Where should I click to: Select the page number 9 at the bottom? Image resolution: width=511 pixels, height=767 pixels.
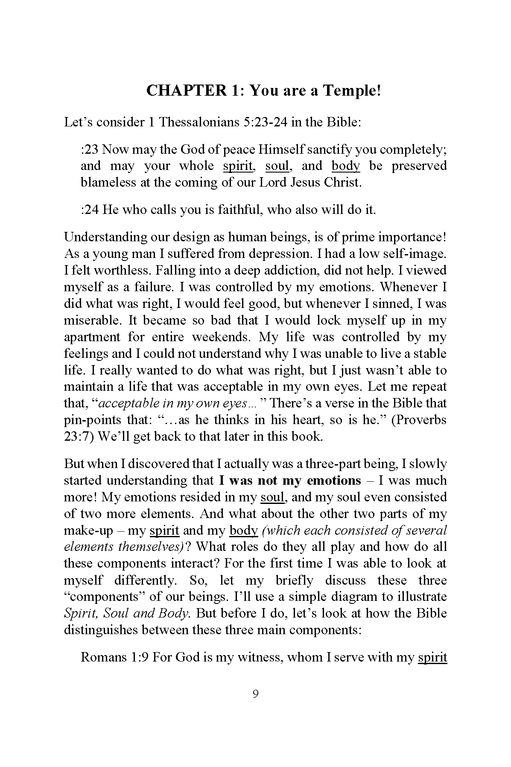(255, 694)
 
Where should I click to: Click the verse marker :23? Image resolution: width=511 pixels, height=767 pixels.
(90, 149)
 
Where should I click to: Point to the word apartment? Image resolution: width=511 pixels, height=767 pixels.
(92, 337)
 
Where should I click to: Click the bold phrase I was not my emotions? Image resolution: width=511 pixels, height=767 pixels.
(290, 480)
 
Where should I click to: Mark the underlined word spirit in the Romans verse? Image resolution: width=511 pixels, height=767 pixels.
(432, 657)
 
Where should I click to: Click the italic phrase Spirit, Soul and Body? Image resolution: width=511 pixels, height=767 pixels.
(126, 613)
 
